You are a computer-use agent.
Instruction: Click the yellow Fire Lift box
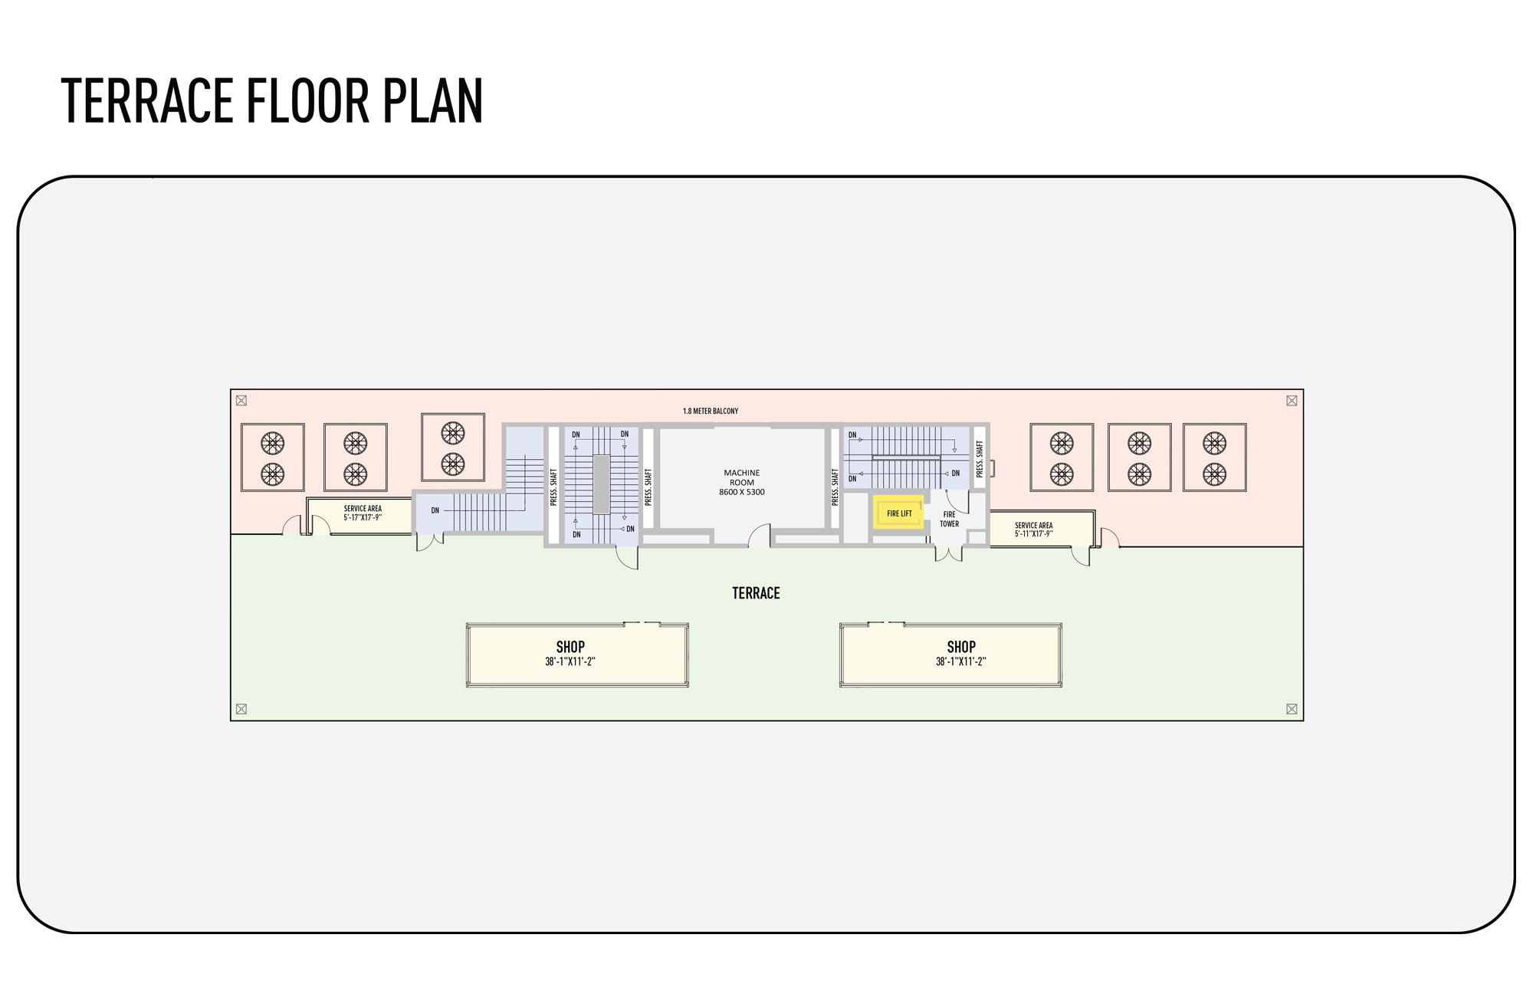coord(899,513)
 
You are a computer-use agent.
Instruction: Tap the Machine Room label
coord(741,477)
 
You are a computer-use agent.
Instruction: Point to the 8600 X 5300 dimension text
coord(741,492)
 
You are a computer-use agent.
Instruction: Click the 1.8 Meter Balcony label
coord(711,411)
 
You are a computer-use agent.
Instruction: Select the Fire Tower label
coord(949,519)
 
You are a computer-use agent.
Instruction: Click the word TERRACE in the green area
coord(756,593)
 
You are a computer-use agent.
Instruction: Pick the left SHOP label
coord(570,647)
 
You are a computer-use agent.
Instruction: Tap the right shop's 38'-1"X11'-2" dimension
coord(960,661)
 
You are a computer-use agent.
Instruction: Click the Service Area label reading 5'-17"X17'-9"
coord(363,513)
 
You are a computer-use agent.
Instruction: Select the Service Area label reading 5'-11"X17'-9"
coord(1033,530)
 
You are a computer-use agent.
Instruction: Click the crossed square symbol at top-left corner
coord(241,400)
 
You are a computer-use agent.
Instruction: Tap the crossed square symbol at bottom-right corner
coord(1292,709)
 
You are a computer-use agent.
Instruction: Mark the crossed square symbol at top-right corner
coord(1292,400)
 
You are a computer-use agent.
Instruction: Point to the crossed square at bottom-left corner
coord(241,709)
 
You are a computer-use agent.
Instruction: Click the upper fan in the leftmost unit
coord(273,442)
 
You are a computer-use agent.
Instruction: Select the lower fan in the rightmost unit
coord(1214,474)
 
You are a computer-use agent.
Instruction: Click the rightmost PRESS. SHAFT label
coord(980,458)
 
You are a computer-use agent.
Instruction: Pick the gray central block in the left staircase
coord(602,484)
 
